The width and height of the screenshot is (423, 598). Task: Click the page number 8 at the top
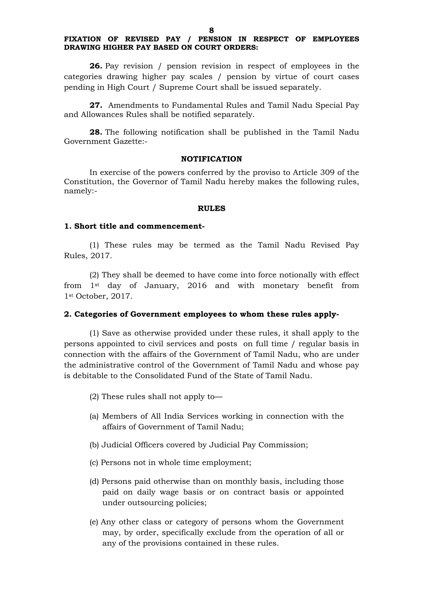click(211, 31)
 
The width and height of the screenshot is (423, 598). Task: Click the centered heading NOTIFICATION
click(211, 159)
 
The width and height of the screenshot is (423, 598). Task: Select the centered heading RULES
click(211, 208)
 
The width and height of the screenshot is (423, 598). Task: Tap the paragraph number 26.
click(96, 66)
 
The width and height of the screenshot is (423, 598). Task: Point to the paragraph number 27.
click(96, 105)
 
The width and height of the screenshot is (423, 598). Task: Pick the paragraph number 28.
click(96, 132)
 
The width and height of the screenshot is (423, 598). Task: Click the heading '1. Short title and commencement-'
click(134, 226)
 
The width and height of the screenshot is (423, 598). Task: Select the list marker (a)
click(94, 416)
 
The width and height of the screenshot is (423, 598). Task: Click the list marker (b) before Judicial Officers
click(94, 445)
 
